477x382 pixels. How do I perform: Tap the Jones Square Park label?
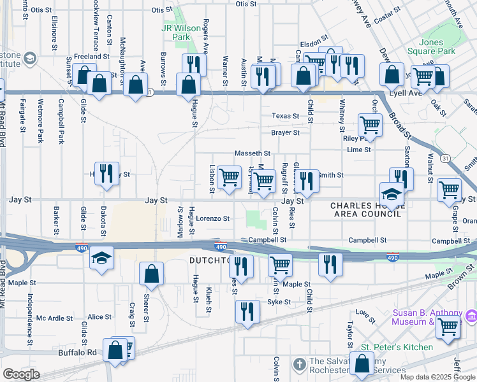pos(440,46)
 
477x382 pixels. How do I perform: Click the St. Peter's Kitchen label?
pos(397,347)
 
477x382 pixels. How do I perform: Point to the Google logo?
pos(21,374)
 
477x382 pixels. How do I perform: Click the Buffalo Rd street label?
pos(77,352)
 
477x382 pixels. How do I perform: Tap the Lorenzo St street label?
pos(212,218)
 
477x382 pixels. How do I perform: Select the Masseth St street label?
pos(253,153)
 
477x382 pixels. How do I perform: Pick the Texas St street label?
pos(285,116)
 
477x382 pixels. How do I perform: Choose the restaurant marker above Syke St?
pos(247,311)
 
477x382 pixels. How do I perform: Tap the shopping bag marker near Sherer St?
pos(152,274)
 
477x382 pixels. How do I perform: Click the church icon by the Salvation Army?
pos(299,364)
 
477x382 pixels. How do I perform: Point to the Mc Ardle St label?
pos(51,317)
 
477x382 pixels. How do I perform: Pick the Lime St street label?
pos(358,150)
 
